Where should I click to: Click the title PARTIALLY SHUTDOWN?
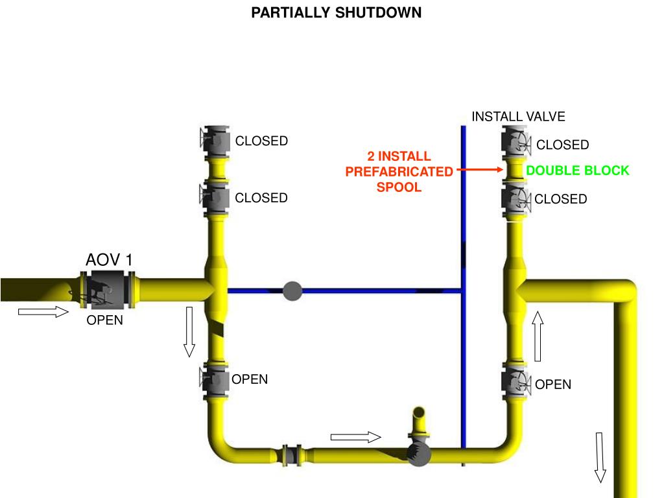pyautogui.click(x=337, y=13)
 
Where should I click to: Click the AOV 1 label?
pyautogui.click(x=109, y=260)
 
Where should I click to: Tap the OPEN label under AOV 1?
pyautogui.click(x=105, y=320)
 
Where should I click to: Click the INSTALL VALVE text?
pyautogui.click(x=518, y=117)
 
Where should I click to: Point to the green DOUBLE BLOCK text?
pyautogui.click(x=577, y=171)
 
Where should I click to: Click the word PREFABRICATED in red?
pyautogui.click(x=399, y=172)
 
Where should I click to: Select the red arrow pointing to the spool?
pyautogui.click(x=480, y=170)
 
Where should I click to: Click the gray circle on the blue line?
pyautogui.click(x=293, y=291)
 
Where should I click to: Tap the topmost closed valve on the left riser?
pyautogui.click(x=215, y=140)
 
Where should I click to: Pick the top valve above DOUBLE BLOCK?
pyautogui.click(x=516, y=142)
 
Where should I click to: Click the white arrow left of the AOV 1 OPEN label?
pyautogui.click(x=43, y=313)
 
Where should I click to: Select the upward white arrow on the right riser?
pyautogui.click(x=538, y=335)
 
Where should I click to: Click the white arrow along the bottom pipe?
pyautogui.click(x=355, y=437)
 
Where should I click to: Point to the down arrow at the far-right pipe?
pyautogui.click(x=600, y=457)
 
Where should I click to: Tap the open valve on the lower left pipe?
pyautogui.click(x=215, y=380)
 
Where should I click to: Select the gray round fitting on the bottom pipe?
pyautogui.click(x=420, y=455)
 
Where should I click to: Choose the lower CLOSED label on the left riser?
pyautogui.click(x=261, y=198)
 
